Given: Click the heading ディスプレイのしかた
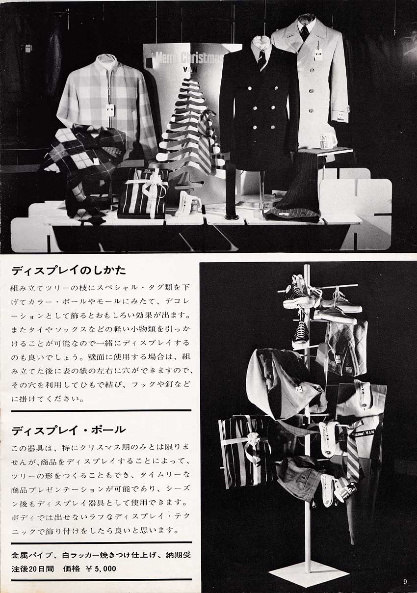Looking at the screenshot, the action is coord(69,270).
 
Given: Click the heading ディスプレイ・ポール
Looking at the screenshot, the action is coord(69,431).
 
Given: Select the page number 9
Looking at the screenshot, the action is coord(405,582).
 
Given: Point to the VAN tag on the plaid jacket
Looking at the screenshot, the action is coord(109,109).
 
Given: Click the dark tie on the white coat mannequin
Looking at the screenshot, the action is coord(304,31).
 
